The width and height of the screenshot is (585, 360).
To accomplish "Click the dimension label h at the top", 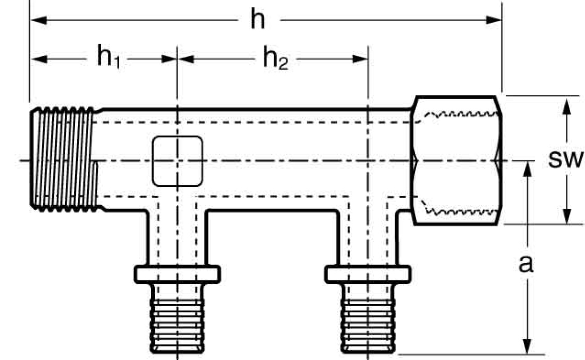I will click(257, 20).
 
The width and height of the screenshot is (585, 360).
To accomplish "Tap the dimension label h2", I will click(275, 59).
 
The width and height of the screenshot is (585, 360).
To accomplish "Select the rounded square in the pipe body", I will click(177, 161).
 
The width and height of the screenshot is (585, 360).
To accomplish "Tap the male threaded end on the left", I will click(64, 158).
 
